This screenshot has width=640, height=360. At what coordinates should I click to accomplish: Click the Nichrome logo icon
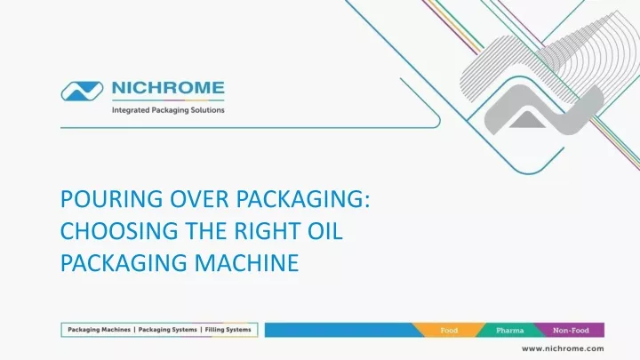82,91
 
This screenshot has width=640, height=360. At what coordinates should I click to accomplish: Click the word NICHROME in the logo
168,88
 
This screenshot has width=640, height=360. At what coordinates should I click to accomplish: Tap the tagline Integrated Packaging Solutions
168,110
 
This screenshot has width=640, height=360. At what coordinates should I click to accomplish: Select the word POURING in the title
111,199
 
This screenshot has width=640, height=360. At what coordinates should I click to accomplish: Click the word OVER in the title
199,199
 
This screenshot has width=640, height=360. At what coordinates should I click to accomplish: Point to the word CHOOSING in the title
119,231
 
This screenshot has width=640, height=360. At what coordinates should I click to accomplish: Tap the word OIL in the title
325,231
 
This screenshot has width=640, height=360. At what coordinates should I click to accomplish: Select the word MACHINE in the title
246,263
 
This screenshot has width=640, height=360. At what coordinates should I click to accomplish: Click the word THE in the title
206,231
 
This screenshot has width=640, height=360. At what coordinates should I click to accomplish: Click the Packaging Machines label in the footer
100,330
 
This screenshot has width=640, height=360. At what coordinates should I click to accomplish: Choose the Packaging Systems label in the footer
167,330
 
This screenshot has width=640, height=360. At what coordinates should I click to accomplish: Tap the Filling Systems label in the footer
228,330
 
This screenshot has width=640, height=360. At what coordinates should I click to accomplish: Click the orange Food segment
449,330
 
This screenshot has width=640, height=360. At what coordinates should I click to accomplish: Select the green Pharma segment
510,330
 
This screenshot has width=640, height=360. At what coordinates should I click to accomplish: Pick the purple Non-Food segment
571,330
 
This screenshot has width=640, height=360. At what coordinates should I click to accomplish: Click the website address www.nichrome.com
563,348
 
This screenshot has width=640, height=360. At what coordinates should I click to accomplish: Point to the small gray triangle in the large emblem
527,120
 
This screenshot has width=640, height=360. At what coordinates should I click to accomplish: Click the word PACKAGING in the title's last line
124,263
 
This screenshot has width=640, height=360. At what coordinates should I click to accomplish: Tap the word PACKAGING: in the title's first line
303,199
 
